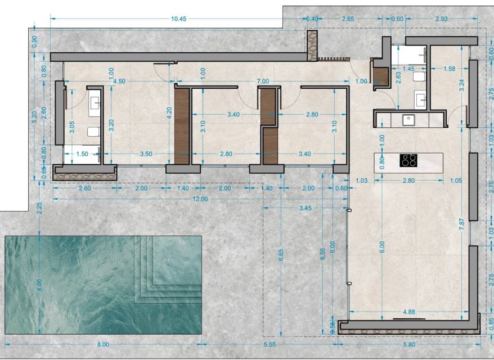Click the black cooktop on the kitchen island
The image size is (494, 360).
[x=409, y=160]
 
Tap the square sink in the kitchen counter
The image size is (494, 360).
[x=408, y=120]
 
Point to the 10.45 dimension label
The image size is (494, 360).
[x=178, y=19]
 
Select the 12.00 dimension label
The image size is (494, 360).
[x=200, y=199]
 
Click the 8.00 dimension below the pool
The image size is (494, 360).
[x=103, y=345]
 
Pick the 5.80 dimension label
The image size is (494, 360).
[x=409, y=345]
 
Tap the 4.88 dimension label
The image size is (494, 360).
[x=409, y=312]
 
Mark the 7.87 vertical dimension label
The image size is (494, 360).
[x=462, y=224]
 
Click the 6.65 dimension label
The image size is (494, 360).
[x=281, y=255]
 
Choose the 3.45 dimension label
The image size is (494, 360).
[x=306, y=208]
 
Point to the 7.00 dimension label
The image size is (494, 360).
[x=263, y=81]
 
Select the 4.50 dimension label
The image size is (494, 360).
[x=119, y=81]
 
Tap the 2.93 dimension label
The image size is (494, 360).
[x=441, y=19]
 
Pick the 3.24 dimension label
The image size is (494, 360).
[x=462, y=85]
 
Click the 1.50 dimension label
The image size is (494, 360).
[x=82, y=154]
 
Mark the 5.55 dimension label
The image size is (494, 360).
[x=270, y=345]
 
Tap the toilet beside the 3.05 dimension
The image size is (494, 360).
[x=93, y=132]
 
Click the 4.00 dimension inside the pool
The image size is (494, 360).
[x=39, y=285]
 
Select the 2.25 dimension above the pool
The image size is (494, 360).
[x=39, y=208]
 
